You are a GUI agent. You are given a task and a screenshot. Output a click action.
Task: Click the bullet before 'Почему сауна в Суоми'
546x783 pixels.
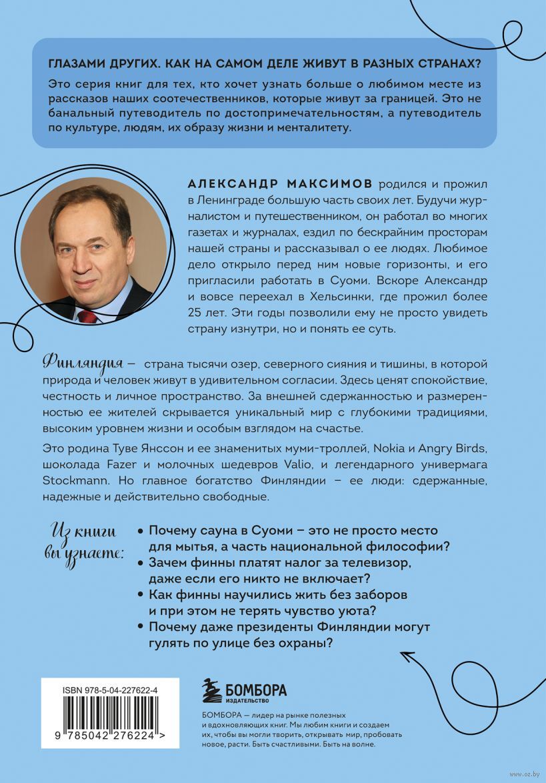point(139,531)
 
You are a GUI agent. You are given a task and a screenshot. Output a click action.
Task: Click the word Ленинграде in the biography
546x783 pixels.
point(225,200)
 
